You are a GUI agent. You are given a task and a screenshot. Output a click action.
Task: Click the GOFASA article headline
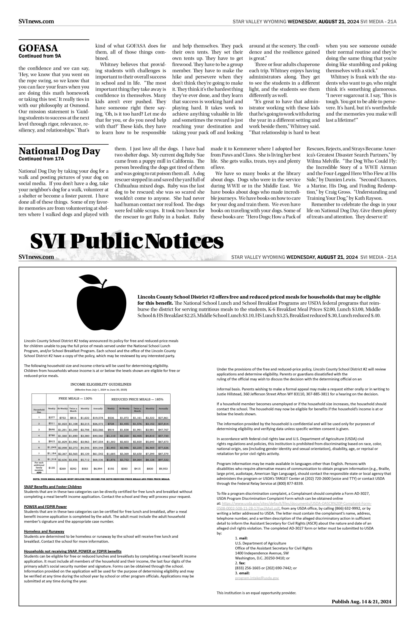pyautogui.click(x=38, y=48)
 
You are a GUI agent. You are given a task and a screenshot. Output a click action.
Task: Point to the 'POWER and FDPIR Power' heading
pyautogui.click(x=45, y=507)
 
